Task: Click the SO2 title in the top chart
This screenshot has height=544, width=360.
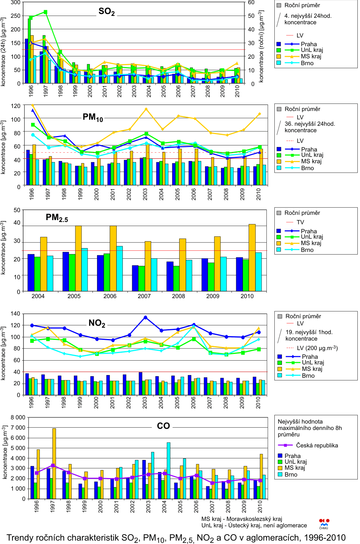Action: click(106, 12)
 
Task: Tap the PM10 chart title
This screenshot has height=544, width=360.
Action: click(93, 117)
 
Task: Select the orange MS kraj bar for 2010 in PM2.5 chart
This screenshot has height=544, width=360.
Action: click(252, 258)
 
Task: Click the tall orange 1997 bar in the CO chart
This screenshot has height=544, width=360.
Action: click(54, 464)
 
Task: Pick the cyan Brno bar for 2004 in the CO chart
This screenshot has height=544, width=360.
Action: click(168, 471)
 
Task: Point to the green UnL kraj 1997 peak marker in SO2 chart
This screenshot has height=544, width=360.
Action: click(45, 12)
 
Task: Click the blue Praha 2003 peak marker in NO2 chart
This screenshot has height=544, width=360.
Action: click(146, 317)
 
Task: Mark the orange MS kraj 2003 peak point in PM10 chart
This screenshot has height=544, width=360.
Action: click(146, 109)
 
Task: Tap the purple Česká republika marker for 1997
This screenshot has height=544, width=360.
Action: click(53, 465)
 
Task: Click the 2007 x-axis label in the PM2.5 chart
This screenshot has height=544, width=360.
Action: click(144, 296)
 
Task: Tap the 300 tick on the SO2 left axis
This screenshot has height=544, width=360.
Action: click(16, 3)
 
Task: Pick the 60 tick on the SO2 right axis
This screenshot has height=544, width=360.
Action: click(251, 3)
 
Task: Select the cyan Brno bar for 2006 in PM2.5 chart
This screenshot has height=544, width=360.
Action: click(119, 269)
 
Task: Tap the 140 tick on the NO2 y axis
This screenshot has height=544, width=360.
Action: click(16, 314)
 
